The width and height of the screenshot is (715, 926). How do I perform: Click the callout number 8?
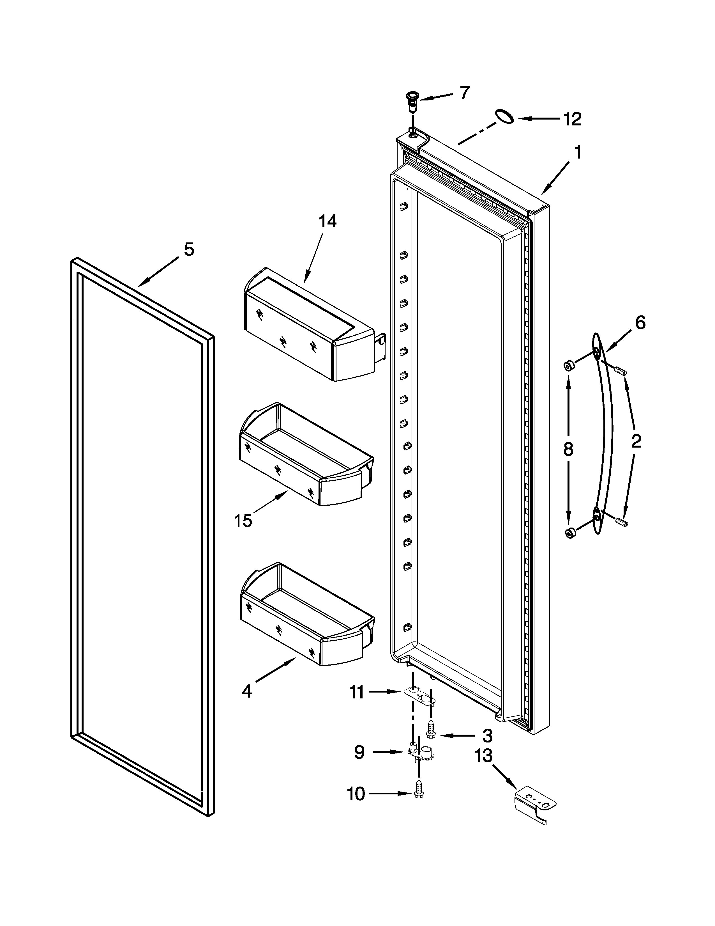[x=568, y=449]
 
